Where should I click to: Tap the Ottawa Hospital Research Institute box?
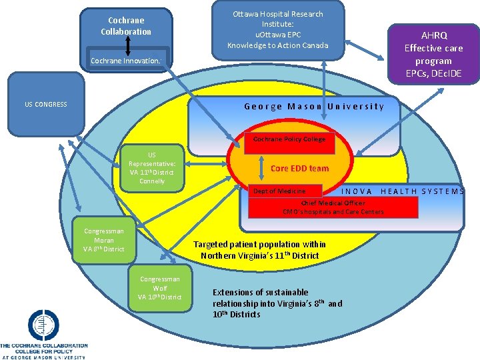point(277,29)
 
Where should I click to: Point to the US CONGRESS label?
point(45,105)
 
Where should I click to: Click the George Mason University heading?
point(314,107)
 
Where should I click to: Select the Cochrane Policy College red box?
point(289,139)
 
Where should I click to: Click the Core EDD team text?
point(299,169)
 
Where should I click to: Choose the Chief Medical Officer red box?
point(333,207)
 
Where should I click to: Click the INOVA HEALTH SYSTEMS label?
point(403,191)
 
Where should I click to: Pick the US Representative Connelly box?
point(152,167)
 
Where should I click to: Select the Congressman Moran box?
point(103,240)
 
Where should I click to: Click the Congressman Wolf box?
point(159,288)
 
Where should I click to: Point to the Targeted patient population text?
point(259,250)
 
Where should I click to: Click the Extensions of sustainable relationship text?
point(277,303)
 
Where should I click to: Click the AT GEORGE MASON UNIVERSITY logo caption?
point(44,357)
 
